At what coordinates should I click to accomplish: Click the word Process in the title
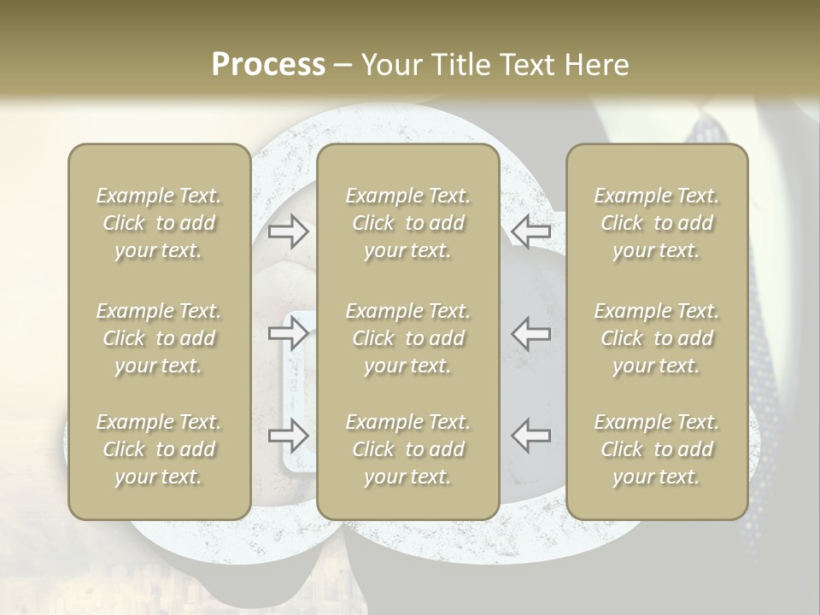(268, 65)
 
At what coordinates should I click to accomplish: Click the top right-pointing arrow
(289, 230)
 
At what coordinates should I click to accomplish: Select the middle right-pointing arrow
(289, 333)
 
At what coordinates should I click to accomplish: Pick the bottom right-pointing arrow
(289, 436)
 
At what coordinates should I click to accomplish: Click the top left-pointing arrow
(530, 230)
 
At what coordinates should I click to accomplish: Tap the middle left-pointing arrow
(530, 333)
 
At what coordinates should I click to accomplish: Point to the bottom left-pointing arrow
(530, 436)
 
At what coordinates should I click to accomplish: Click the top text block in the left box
(159, 223)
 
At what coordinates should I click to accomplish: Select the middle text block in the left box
(159, 338)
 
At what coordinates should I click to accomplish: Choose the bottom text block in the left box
(159, 449)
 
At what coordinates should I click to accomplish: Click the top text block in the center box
(407, 223)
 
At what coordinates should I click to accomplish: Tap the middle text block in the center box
(407, 338)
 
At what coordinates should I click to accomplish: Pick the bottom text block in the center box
(407, 449)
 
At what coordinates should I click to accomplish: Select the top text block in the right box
(656, 223)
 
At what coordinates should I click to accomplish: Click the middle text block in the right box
(656, 338)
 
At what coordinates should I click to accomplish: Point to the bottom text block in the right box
(656, 449)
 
